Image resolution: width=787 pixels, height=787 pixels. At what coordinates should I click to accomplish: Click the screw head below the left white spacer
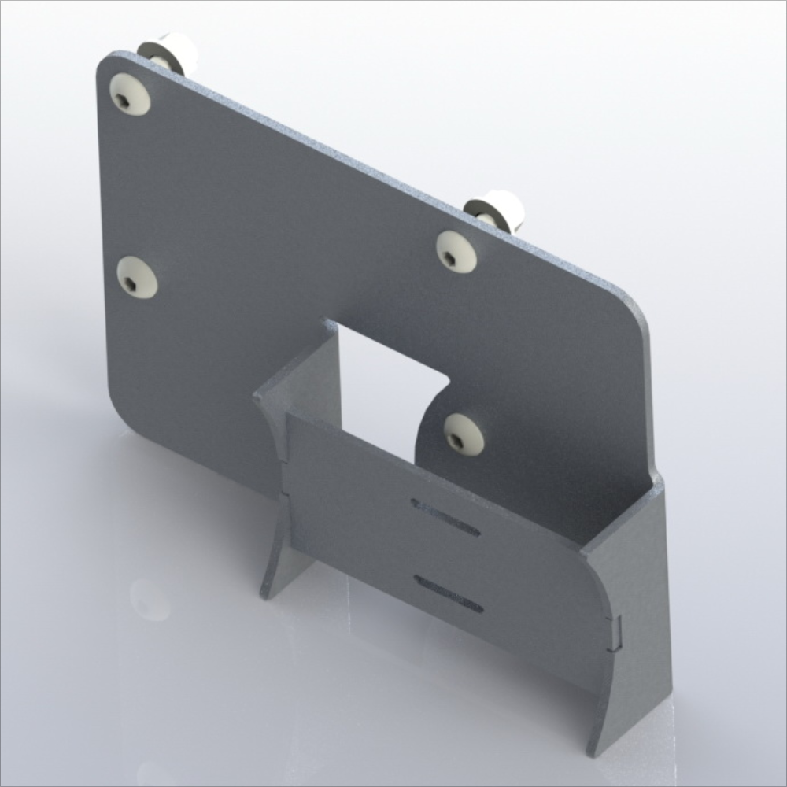coord(130,95)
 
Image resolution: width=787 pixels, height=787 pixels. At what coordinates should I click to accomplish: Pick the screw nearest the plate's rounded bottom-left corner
coord(136,278)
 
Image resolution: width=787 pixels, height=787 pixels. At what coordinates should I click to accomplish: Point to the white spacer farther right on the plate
coord(496,209)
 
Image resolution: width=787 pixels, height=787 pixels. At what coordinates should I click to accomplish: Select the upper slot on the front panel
coord(445,518)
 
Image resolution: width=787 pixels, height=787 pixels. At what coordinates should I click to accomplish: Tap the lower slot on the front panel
coord(449,593)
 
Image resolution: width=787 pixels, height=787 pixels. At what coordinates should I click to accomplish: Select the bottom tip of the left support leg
coord(266,592)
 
